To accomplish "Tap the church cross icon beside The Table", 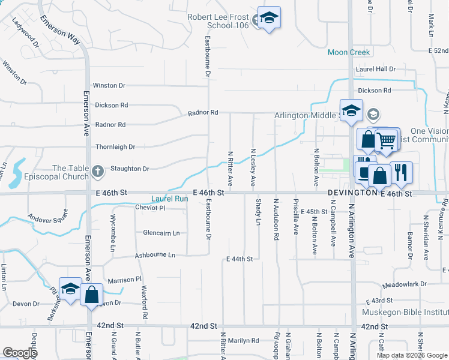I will [98, 172].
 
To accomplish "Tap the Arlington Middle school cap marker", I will [351, 110].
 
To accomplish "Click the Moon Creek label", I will [349, 52].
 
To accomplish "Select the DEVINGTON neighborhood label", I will [352, 193].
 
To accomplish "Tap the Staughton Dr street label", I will [128, 169].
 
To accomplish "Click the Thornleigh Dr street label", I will [115, 146].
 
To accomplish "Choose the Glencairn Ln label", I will [161, 233].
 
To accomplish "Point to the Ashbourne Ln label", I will [154, 255].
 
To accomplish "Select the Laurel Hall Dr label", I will [376, 69].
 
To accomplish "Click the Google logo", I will [20, 353].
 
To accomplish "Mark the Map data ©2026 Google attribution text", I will [411, 355].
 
